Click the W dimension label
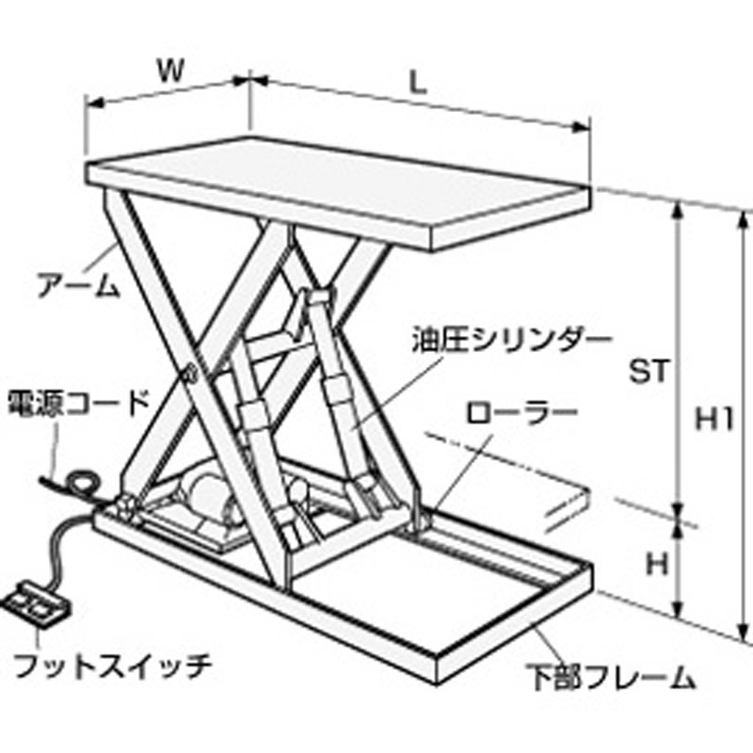171,72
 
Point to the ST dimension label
649,371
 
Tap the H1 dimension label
715,421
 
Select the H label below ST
657,565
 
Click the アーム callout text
78,285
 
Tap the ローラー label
522,412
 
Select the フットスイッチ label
112,665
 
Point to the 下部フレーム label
610,678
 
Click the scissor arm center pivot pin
190,373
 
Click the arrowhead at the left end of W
94,103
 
